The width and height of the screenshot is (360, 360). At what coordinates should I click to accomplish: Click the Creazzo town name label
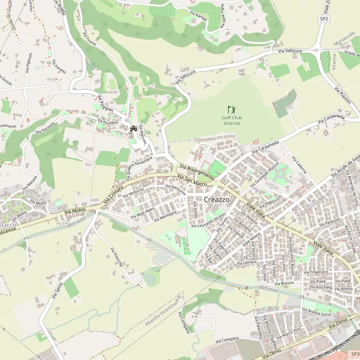point(217,200)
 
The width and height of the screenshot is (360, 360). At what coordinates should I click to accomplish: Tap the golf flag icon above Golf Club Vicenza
point(232,110)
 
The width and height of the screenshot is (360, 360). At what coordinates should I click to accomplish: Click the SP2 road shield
point(323,19)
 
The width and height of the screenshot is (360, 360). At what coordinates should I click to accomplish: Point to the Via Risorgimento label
point(197,173)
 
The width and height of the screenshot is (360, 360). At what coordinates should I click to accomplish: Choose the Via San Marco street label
point(193,180)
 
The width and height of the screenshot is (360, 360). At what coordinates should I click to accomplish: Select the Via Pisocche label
point(116,257)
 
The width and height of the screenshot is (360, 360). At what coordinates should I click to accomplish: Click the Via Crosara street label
point(113,194)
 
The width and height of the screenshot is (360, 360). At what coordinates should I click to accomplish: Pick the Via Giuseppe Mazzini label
point(264,176)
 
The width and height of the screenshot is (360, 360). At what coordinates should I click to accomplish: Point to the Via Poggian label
point(106,104)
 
